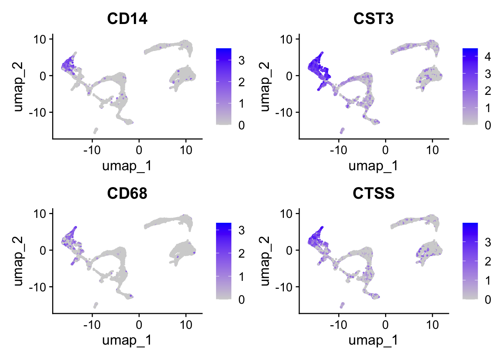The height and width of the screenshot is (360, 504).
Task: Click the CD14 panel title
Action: coord(127,18)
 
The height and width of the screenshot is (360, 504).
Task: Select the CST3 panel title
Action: coord(373,18)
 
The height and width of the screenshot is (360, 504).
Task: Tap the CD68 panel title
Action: coord(127,193)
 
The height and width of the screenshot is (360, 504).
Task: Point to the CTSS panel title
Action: coord(373,193)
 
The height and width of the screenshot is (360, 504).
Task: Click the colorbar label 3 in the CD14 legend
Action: coord(241,60)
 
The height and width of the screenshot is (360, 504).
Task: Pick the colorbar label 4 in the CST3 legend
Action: coord(487,57)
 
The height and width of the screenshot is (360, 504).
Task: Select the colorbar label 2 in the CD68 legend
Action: coord(241,253)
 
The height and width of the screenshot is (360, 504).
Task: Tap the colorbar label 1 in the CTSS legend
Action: coord(487,280)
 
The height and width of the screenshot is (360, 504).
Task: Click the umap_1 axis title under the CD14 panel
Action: coord(127,165)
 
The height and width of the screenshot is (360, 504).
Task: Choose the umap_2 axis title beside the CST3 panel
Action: coord(264,87)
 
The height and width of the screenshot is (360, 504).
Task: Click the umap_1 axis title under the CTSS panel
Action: coord(373,340)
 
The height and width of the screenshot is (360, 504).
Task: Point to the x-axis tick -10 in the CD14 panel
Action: coord(92,150)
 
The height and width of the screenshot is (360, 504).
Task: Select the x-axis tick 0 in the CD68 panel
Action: coord(139,324)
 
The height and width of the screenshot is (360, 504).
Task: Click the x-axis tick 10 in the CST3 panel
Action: coord(432,150)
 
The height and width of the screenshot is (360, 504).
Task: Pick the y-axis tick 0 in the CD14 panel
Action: coord(43,76)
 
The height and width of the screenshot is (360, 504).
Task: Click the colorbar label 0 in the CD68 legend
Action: coord(241,300)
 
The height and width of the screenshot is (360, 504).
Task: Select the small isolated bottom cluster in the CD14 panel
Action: coord(96,130)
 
